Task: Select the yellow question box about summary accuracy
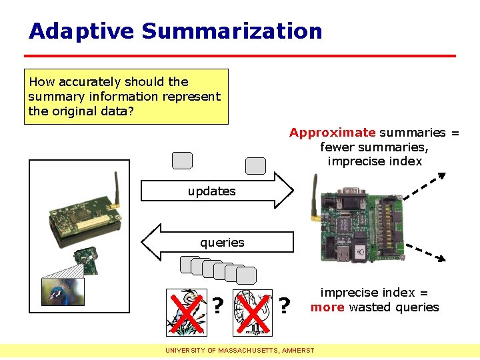coord(126,97)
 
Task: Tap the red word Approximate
coord(332,133)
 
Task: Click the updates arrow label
coord(211,191)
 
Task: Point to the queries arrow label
coord(222,243)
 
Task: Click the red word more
coord(327,307)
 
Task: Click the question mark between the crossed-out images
coord(217,306)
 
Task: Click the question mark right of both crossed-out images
coord(285,306)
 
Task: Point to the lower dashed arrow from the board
coord(425,252)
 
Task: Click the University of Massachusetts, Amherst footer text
coord(240,350)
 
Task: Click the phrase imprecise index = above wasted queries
coord(374,293)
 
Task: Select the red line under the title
coord(240,55)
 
